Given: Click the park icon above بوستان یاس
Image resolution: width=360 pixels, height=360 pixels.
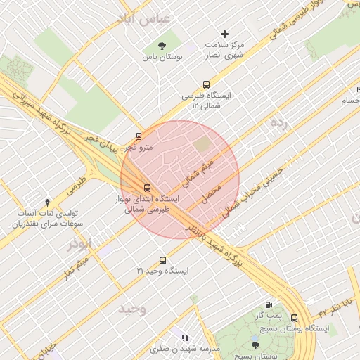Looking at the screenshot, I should click(163, 46).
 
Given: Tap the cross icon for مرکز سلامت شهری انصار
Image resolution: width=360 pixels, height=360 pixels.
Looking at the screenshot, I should click(225, 34).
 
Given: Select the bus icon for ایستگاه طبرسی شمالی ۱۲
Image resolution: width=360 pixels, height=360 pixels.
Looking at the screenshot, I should click(206, 84).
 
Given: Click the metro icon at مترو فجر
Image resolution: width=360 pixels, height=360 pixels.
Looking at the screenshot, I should click(139, 136).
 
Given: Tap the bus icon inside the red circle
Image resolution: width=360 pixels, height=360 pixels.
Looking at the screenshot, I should click(147, 188).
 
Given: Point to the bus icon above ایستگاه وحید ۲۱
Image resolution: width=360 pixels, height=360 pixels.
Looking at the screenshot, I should click(163, 259).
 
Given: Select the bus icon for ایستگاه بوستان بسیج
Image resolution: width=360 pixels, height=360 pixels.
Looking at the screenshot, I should click(294, 318).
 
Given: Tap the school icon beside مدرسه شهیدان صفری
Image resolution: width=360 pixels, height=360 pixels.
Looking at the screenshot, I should click(186, 337).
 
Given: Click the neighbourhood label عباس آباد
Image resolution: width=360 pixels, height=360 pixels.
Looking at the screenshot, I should click(145, 20).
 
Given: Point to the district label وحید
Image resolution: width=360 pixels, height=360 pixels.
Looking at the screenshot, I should click(131, 309).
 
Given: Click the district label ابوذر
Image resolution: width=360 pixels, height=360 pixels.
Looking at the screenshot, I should click(79, 244).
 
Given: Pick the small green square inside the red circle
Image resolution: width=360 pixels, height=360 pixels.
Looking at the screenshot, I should click(202, 144).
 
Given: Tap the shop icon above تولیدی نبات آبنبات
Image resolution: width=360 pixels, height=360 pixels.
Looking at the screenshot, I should click(47, 202).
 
